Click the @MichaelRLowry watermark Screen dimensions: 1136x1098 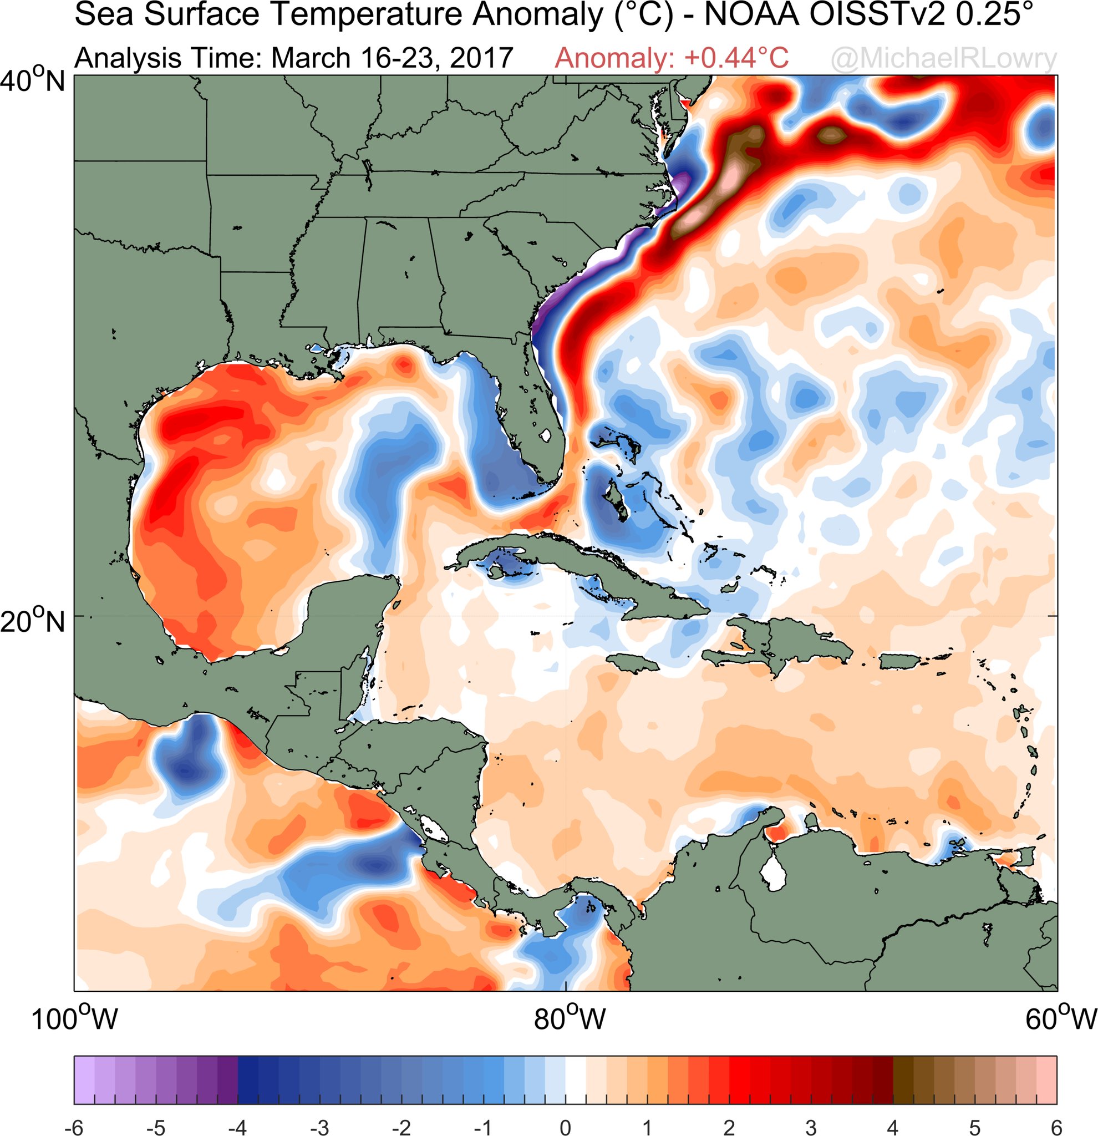pos(944,59)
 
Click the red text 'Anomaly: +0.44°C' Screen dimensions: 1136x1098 pos(672,59)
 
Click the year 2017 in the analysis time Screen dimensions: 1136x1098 pos(481,59)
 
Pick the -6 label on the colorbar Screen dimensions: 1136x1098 pos(74,1125)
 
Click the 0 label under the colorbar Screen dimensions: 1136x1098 pos(566,1125)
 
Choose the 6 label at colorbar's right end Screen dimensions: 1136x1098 pos(1056,1125)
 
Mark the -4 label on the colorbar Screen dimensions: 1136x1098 pos(237,1125)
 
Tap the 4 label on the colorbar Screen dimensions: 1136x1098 pos(893,1125)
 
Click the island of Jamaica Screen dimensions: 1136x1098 pos(634,662)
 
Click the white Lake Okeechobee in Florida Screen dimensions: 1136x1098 pos(545,435)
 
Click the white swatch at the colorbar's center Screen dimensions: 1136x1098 pos(576,1081)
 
